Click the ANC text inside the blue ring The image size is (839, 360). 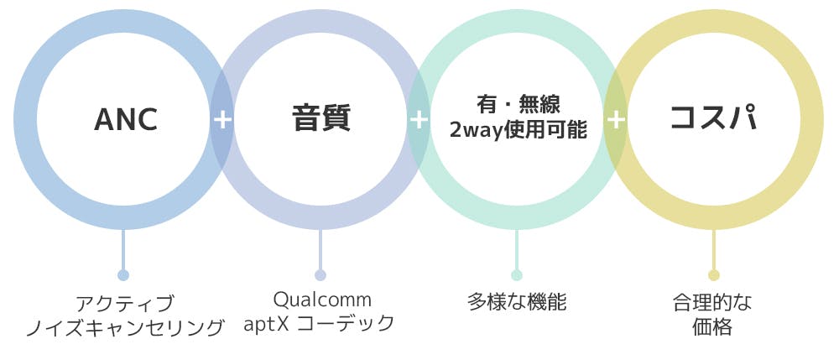pos(126,119)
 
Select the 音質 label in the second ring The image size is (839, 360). pos(321,118)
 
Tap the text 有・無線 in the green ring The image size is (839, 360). pos(518,104)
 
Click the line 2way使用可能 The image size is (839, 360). pos(518,131)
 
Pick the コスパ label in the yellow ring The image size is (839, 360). pos(713,118)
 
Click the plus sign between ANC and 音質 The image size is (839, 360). pos(222,119)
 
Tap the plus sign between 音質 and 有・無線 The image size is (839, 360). pos(419,119)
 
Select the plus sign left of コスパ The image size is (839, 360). pos(616,119)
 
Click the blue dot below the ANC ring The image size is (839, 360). pos(123,275)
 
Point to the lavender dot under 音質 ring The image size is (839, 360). pos(320,275)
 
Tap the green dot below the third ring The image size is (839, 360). pos(517,275)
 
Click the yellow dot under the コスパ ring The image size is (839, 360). pos(714,275)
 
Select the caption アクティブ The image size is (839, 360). pos(124,302)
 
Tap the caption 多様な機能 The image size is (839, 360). pos(517,302)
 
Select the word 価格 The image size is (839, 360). pos(713,326)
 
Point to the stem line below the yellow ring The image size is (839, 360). pos(714,249)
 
